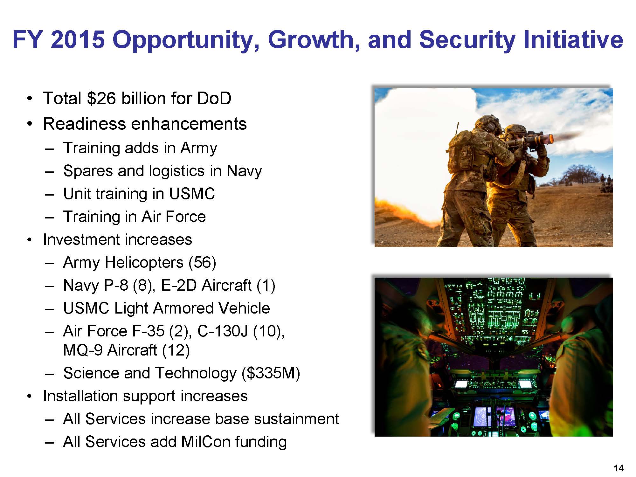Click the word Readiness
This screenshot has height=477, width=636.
click(85, 124)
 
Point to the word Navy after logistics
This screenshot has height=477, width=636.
click(244, 171)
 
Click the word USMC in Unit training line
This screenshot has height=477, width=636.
click(192, 194)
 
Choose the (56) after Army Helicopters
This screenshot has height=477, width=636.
click(202, 263)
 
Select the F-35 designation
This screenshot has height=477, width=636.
click(148, 331)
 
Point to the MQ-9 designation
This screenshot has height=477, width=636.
click(83, 350)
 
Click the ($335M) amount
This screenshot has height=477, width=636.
click(271, 373)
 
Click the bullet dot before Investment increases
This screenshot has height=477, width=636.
click(29, 239)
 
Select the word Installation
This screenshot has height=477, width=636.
click(80, 396)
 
